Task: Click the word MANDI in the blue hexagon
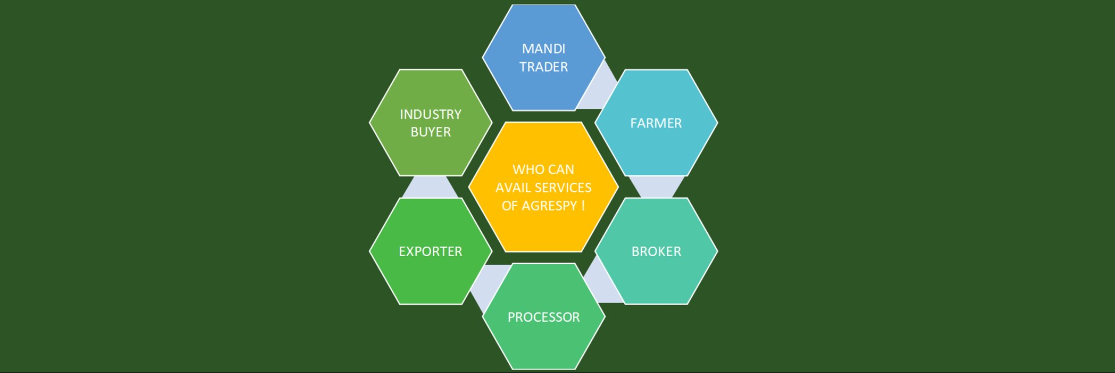click(544, 49)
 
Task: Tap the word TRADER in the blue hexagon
click(544, 67)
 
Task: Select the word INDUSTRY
click(431, 114)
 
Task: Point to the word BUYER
click(431, 132)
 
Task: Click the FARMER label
click(656, 123)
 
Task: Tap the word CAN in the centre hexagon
click(562, 169)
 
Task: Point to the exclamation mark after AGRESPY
click(583, 206)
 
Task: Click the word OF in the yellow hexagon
click(510, 206)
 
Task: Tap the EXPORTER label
click(431, 251)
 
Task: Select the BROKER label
click(656, 251)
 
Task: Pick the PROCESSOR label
click(544, 317)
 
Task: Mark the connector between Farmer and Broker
click(656, 187)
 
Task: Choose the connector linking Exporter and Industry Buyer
click(431, 187)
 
